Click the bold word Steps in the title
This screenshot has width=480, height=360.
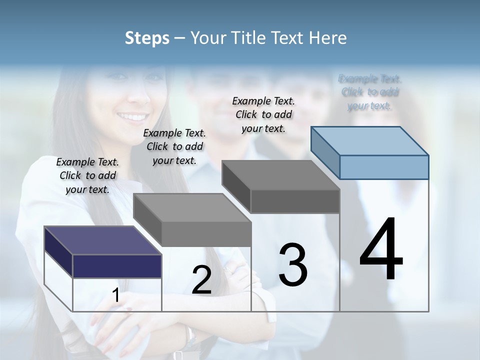click(147, 38)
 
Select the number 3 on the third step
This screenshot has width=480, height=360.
click(292, 265)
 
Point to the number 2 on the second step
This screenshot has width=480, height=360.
click(201, 280)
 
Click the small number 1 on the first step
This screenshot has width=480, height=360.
click(115, 295)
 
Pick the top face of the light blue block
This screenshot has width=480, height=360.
click(369, 140)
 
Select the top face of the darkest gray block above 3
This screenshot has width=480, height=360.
click(280, 175)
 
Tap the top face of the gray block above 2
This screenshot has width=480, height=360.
click(192, 207)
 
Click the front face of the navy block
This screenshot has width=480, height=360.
click(117, 266)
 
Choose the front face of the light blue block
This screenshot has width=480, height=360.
click(384, 167)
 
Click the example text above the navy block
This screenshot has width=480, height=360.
click(87, 175)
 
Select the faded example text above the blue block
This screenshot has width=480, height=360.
click(369, 92)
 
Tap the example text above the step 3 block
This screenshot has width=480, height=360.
click(263, 114)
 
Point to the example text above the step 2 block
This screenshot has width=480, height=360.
click(174, 146)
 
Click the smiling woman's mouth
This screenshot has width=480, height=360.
click(127, 117)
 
